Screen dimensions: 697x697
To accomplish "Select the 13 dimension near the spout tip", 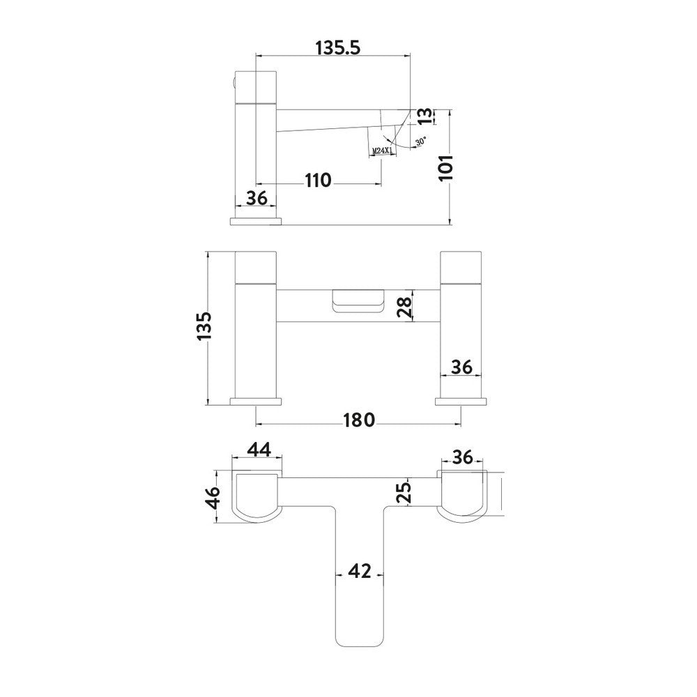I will [424, 117].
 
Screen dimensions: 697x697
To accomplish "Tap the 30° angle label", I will [420, 141].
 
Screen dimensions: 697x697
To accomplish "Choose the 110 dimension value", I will [317, 181].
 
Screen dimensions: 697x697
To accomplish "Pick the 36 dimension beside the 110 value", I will [257, 198].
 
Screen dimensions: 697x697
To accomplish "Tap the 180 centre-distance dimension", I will [360, 420].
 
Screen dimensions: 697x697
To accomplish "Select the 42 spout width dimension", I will [359, 572].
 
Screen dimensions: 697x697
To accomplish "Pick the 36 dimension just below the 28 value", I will [461, 366].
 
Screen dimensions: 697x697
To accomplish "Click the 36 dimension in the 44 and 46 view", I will [462, 457].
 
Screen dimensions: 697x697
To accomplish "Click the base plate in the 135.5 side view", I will [256, 221].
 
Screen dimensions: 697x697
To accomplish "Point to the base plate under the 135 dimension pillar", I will [256, 401].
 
